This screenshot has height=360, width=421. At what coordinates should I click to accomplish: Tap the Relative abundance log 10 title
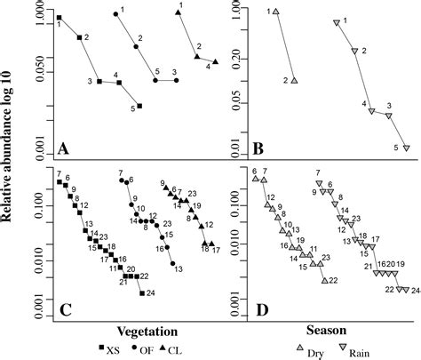(12, 169)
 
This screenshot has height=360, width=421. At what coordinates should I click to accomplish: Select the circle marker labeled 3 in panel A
(175, 80)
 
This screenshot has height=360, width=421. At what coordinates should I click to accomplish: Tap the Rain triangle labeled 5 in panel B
(406, 148)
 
